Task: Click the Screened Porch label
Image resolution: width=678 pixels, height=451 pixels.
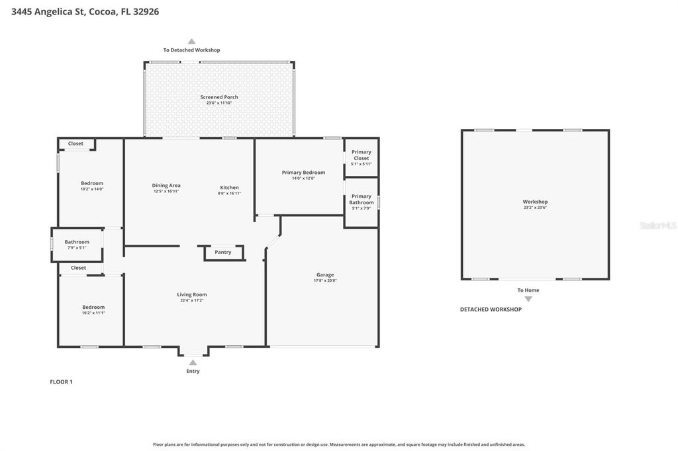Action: point(219,97)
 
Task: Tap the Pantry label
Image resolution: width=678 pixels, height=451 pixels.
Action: point(223,252)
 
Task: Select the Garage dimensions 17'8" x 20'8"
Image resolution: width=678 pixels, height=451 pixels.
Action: point(324,280)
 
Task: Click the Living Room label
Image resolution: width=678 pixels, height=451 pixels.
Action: point(192,294)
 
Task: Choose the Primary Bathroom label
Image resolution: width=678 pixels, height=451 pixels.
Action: point(362,199)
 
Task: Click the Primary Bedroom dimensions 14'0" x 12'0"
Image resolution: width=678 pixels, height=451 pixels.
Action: point(303,178)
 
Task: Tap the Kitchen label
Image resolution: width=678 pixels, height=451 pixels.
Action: point(229,187)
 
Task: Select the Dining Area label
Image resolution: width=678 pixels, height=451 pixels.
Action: point(166,185)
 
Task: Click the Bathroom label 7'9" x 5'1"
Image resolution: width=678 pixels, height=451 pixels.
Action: point(77,242)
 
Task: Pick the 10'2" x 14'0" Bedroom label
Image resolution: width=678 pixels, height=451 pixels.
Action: point(92,183)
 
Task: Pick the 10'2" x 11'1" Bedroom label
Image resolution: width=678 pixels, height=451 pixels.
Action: point(93,307)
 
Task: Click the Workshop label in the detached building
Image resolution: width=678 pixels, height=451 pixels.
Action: point(535,202)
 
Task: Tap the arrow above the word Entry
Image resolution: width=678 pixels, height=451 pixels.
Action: point(193,362)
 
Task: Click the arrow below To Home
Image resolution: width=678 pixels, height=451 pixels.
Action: point(528,299)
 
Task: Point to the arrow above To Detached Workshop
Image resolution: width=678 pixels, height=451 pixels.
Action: point(191,41)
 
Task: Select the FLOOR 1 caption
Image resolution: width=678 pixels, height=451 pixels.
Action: point(61,382)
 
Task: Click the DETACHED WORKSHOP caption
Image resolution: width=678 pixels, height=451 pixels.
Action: point(491,309)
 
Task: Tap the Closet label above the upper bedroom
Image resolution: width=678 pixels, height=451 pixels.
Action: point(75,143)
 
